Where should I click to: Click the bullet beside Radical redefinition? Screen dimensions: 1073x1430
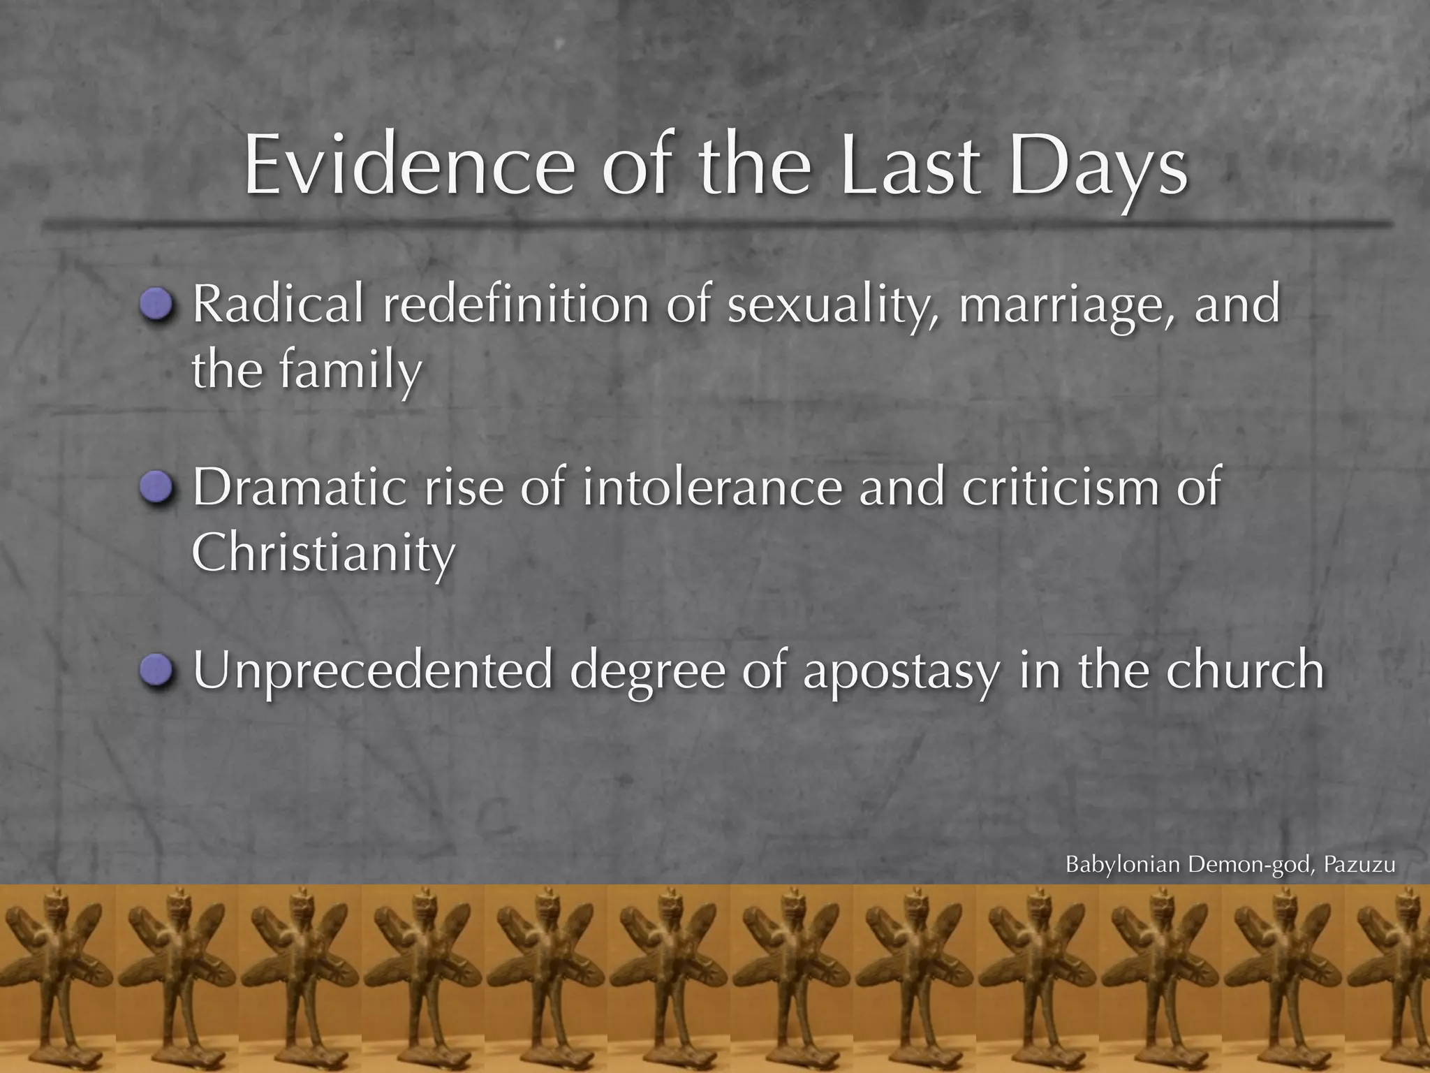(156, 305)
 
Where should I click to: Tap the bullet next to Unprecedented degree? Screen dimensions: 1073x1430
(156, 671)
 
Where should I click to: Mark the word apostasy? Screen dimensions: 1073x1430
(901, 671)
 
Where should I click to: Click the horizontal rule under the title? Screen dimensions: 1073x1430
(715, 224)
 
